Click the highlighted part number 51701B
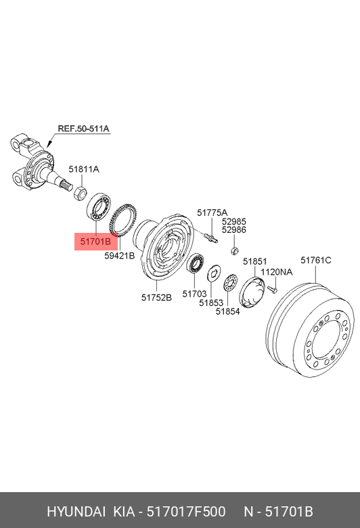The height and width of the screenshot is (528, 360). (95, 242)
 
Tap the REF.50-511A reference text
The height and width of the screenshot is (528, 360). (83, 129)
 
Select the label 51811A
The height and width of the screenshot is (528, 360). (84, 169)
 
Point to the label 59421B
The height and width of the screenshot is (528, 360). (120, 256)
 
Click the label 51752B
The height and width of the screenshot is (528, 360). (156, 298)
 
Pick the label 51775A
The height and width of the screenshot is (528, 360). (212, 213)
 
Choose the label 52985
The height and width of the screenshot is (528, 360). (234, 221)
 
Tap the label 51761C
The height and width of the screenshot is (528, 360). (316, 261)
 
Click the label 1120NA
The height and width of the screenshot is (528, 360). (277, 271)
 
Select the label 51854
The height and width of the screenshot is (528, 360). (228, 311)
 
